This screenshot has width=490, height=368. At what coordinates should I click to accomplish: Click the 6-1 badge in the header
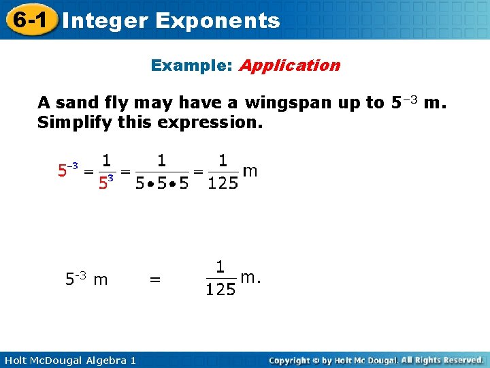click(x=28, y=20)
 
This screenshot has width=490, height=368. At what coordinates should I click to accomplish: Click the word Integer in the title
click(x=103, y=20)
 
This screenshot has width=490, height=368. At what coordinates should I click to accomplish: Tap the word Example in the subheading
click(x=191, y=65)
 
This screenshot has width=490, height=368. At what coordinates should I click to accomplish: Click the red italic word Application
click(x=289, y=66)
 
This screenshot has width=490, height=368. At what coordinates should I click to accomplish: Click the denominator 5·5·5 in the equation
click(x=161, y=184)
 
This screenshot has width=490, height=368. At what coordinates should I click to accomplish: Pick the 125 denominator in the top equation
click(x=223, y=184)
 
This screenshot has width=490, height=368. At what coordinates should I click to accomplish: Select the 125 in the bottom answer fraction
click(x=220, y=290)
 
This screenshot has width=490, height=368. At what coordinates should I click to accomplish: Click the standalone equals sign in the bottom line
click(x=155, y=279)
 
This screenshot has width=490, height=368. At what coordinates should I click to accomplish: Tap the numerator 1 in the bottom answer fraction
click(x=220, y=266)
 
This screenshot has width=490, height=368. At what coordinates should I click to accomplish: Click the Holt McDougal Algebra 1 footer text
click(x=67, y=360)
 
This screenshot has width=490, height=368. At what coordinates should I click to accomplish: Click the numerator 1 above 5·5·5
click(x=161, y=161)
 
